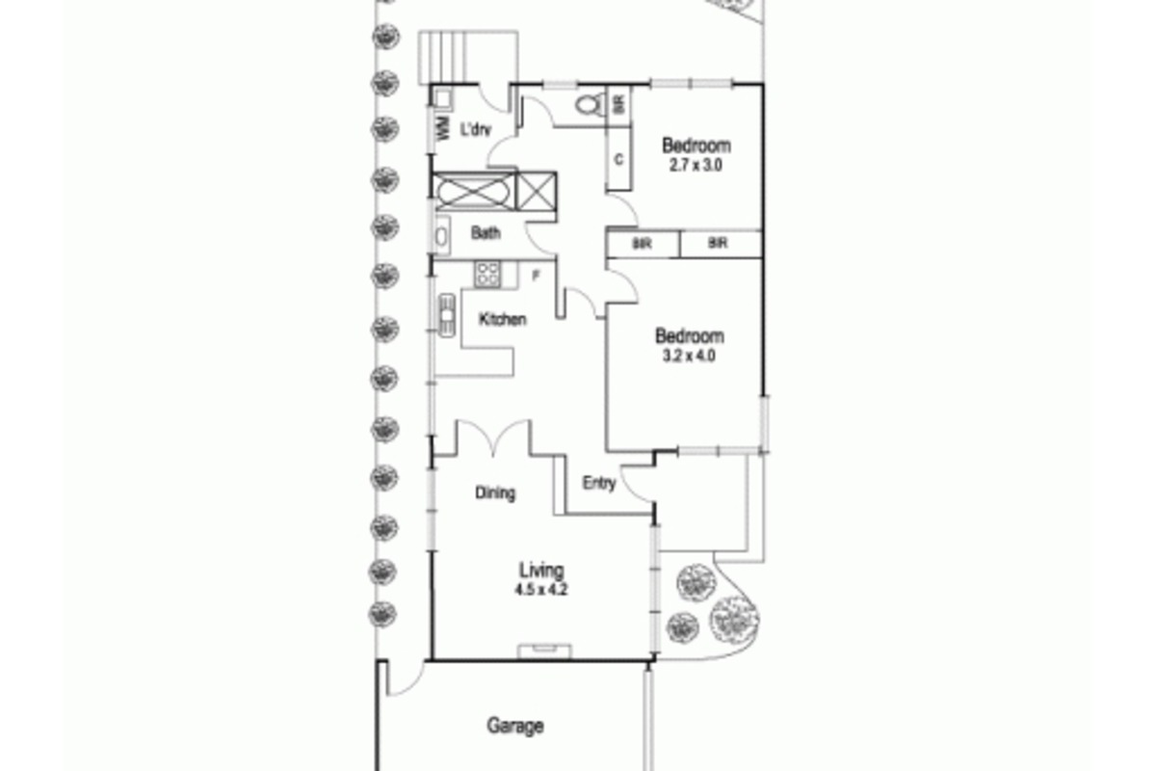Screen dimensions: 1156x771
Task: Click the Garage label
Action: pos(515,726)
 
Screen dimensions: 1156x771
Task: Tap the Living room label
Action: pos(540,571)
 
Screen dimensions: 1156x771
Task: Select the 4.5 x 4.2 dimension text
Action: pos(540,589)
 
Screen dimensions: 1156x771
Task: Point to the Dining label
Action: pos(495,492)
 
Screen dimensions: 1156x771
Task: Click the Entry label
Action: pos(599,484)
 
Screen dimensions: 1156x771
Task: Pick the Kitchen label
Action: pos(503,319)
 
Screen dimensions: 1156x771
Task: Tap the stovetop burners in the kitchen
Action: pos(487,275)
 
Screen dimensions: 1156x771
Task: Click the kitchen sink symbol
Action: pos(446,315)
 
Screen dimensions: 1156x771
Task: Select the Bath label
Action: pos(486,233)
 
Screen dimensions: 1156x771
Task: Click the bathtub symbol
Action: pos(473,192)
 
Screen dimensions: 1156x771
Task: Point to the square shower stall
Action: pos(537,192)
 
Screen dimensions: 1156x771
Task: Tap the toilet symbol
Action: pos(589,105)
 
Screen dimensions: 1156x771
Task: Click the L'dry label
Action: pos(475,129)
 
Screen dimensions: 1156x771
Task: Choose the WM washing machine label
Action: pos(443,128)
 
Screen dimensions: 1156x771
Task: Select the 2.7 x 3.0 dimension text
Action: pos(696,165)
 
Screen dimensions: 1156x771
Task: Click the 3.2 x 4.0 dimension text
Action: pos(689,356)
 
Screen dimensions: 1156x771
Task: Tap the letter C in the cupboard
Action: pos(618,160)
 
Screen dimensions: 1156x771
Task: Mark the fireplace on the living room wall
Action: pos(544,651)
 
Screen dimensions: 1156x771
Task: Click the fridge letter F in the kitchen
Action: pos(537,276)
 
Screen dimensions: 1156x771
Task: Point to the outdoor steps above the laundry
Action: pos(467,57)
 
